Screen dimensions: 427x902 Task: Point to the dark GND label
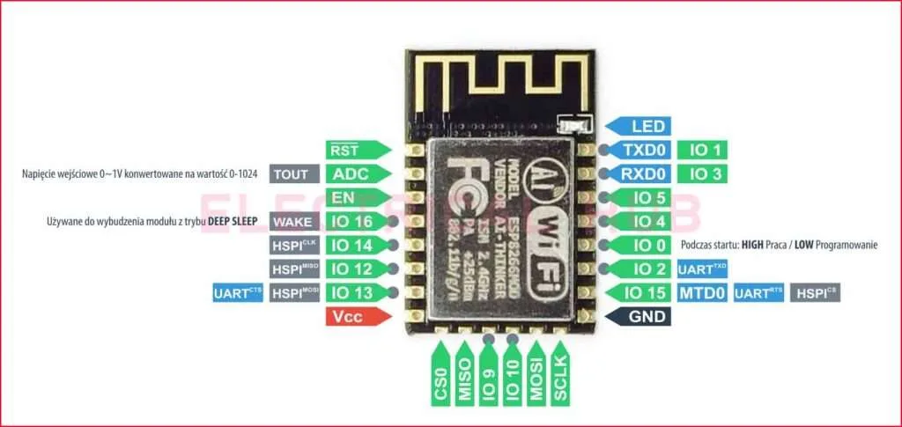pos(642,316)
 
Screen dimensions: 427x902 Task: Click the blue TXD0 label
pos(642,151)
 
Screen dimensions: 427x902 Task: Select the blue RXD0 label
pos(642,173)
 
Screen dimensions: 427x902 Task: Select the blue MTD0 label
pos(701,292)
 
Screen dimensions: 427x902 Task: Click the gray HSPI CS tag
pos(815,292)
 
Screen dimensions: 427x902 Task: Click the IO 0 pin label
pos(642,245)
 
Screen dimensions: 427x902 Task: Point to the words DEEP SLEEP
pos(232,221)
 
